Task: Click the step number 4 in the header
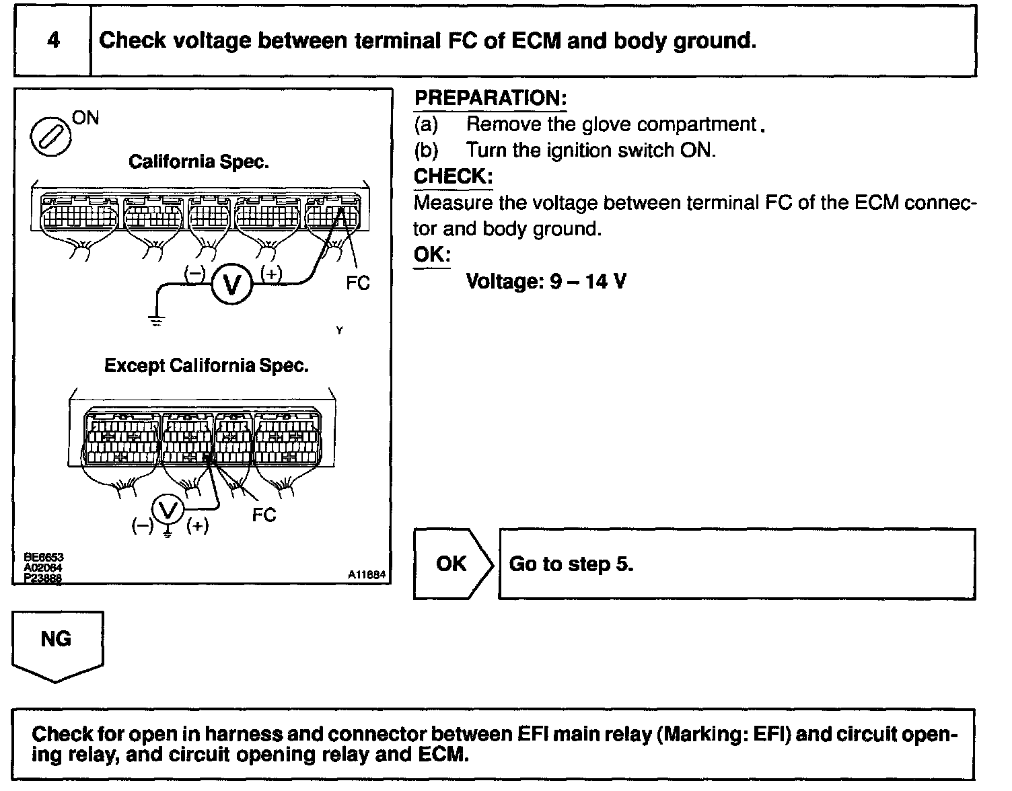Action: (53, 40)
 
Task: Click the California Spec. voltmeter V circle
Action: (232, 286)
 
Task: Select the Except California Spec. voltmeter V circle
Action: (168, 509)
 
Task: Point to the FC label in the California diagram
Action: (358, 283)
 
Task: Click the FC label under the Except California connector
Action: (264, 515)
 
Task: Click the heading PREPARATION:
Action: (491, 98)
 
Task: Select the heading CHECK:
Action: (453, 177)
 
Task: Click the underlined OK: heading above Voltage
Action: (432, 255)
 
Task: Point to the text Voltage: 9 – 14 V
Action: (546, 281)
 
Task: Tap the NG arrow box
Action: (57, 642)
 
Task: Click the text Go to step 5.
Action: (571, 564)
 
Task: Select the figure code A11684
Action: (367, 575)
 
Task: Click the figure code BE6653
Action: (43, 558)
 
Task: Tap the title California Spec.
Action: (198, 162)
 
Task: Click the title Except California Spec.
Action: (207, 366)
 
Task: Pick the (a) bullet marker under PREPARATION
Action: (426, 124)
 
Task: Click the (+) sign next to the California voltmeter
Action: (272, 274)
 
